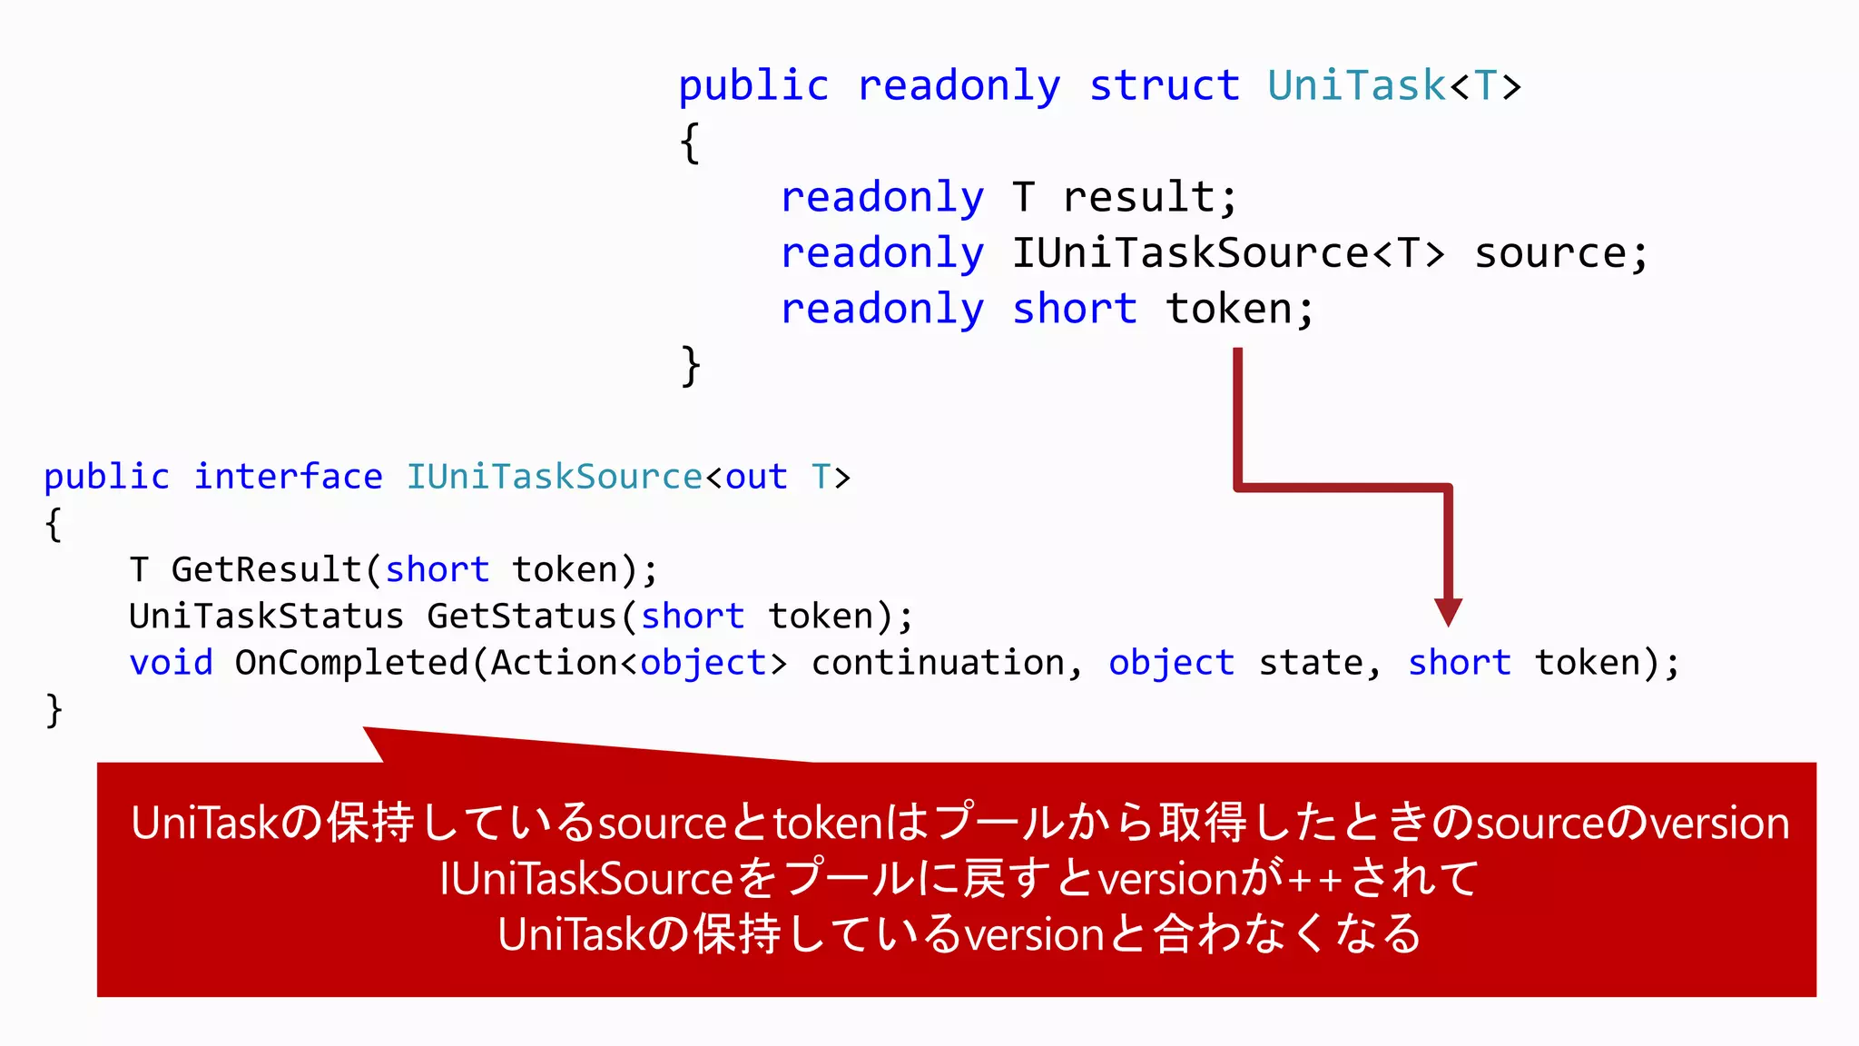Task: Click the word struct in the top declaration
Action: click(1164, 86)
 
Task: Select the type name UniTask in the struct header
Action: click(1356, 86)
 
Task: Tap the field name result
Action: click(1148, 198)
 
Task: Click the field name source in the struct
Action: click(1559, 253)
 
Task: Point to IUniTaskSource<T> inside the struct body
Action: click(1227, 253)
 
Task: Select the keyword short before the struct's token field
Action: click(1074, 310)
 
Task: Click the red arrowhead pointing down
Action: click(1448, 612)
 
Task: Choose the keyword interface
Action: click(288, 477)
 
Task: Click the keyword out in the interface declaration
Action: click(756, 477)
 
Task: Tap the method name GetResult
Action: click(267, 570)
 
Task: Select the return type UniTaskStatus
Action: click(266, 617)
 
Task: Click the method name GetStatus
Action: click(522, 617)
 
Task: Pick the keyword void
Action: click(171, 663)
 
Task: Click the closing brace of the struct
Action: click(691, 366)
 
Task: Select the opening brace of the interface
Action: click(54, 525)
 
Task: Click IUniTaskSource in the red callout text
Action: click(586, 879)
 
